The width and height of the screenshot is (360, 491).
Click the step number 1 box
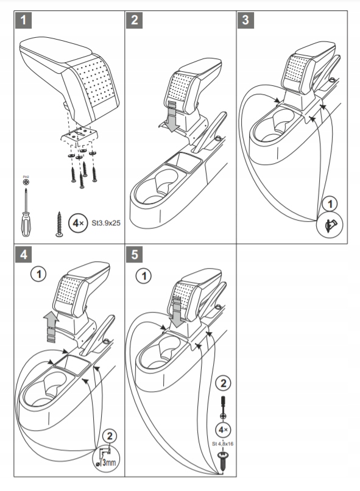[x=24, y=20]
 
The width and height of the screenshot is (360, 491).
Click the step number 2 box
[x=135, y=20]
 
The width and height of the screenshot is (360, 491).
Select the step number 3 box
[x=245, y=20]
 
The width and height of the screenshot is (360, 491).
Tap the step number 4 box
[x=24, y=255]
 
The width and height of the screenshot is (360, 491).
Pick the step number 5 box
[x=135, y=255]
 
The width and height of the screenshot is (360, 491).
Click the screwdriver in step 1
[x=26, y=213]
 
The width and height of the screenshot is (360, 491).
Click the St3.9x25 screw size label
[x=106, y=223]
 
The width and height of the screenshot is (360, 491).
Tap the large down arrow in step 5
[x=177, y=313]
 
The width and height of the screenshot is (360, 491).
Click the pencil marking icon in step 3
[x=330, y=225]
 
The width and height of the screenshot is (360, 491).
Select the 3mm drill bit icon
[x=107, y=459]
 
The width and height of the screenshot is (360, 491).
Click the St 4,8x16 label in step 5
[x=222, y=443]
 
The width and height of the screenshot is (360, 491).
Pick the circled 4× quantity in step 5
[x=223, y=430]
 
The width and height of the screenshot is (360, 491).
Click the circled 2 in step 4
[x=110, y=436]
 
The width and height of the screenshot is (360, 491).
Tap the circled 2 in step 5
[x=223, y=383]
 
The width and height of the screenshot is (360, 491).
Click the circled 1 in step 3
[x=330, y=204]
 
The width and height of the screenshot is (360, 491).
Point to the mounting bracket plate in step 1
[x=80, y=136]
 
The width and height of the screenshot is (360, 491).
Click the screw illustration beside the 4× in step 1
[x=59, y=224]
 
